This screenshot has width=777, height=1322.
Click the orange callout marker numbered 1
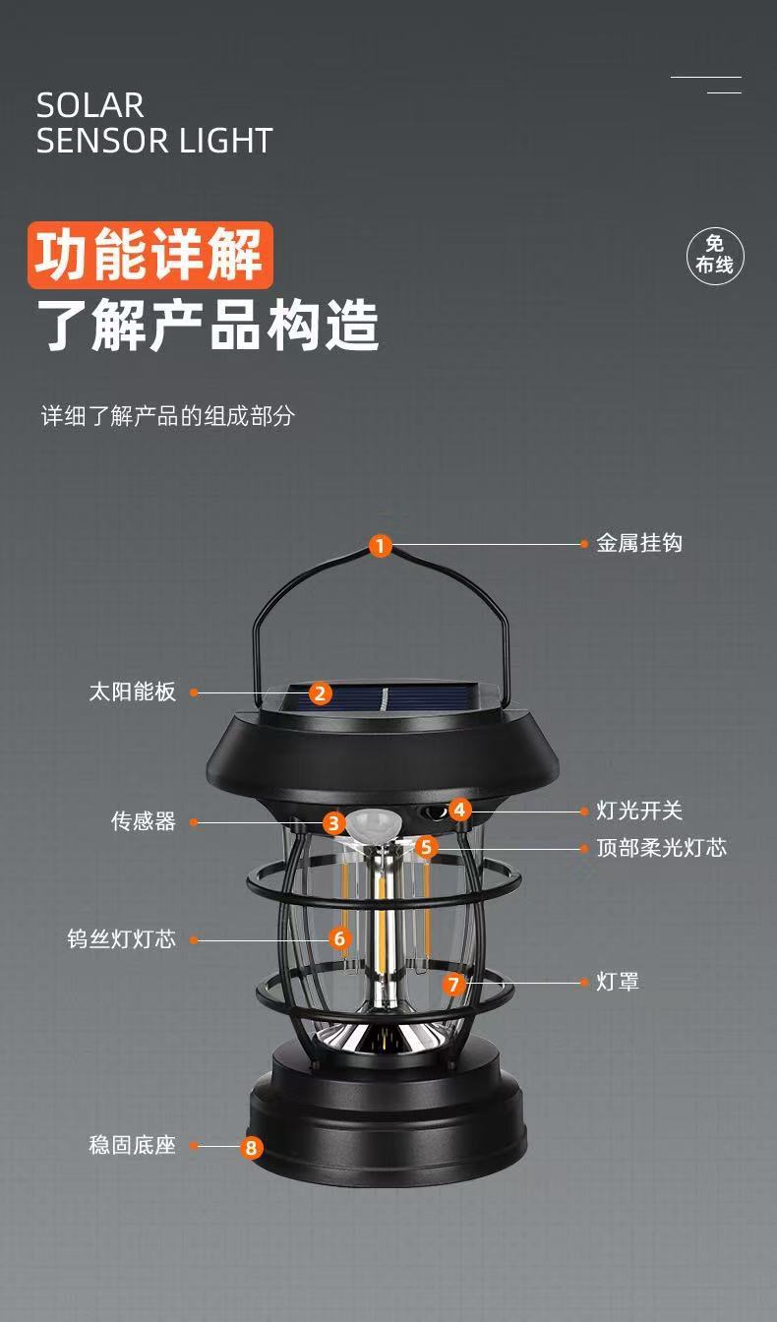tap(381, 545)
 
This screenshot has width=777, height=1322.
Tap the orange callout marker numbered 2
tap(321, 693)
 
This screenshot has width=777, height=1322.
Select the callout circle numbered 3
tap(334, 823)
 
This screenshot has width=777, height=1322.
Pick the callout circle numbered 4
tap(460, 811)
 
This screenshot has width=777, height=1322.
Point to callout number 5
tap(426, 846)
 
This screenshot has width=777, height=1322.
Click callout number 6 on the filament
tap(340, 938)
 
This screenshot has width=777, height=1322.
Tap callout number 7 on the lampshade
tap(452, 984)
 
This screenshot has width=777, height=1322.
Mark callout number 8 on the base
tap(252, 1147)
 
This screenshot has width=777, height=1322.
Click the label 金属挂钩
tap(639, 543)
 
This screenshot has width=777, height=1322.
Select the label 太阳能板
tap(132, 691)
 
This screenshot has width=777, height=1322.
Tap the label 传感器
tap(143, 821)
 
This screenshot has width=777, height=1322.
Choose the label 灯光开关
tap(639, 811)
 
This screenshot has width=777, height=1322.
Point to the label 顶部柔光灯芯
tap(661, 847)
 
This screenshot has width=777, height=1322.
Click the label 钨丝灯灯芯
tap(121, 939)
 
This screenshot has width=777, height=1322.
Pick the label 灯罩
tap(618, 982)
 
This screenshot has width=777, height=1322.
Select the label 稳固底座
tap(132, 1145)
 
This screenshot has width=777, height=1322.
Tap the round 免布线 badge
tap(715, 255)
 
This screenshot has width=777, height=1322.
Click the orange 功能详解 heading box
tap(149, 255)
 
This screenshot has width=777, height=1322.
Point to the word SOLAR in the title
tap(90, 105)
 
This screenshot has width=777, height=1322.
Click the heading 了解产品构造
tap(208, 327)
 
